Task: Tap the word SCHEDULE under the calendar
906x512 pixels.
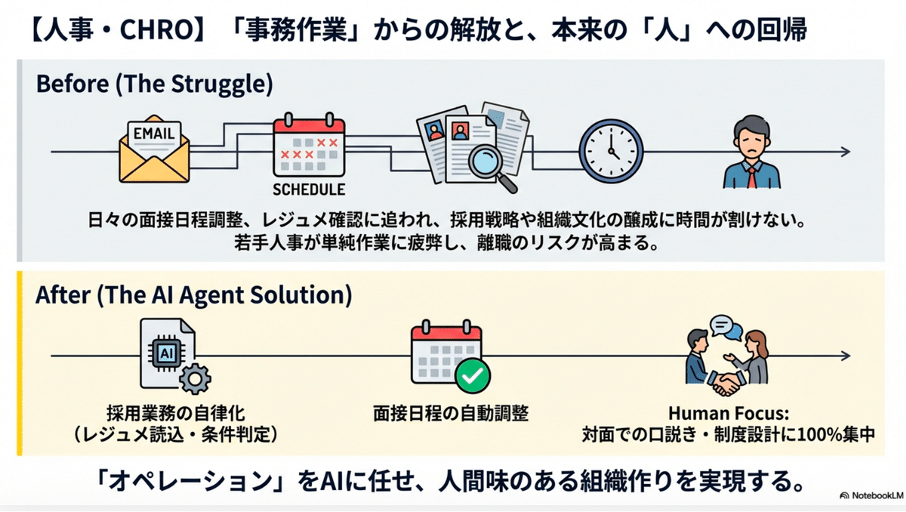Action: pyautogui.click(x=308, y=189)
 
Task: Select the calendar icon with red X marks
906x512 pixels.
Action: pyautogui.click(x=308, y=148)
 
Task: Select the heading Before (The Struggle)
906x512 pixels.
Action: pyautogui.click(x=154, y=83)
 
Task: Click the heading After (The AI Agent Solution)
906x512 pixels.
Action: pyautogui.click(x=193, y=295)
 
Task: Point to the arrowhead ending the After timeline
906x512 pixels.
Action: pyautogui.click(x=847, y=356)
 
